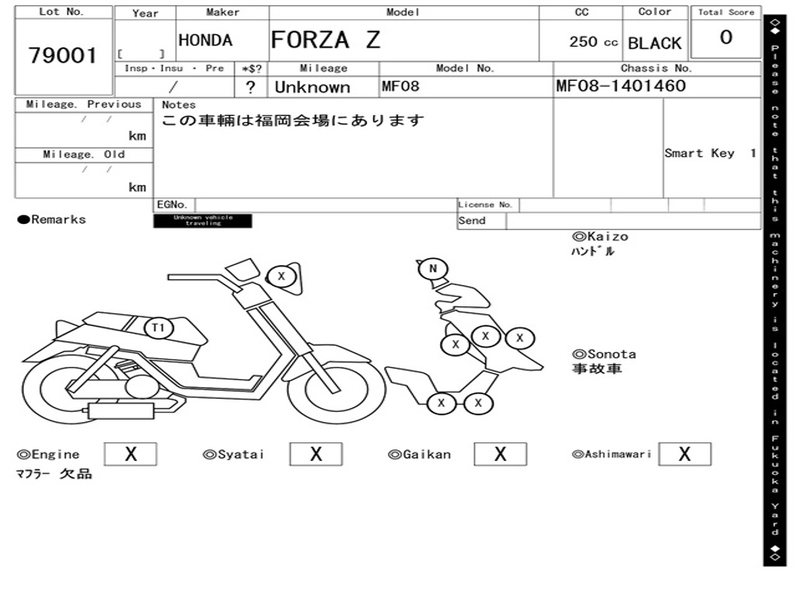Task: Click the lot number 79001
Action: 63,56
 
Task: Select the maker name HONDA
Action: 205,41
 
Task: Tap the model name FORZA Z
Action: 326,40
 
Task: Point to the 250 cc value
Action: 593,42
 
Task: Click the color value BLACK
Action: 655,44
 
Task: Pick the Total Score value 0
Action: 726,38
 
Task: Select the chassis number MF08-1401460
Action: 621,86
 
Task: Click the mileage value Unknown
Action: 312,87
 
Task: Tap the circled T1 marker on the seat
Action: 159,327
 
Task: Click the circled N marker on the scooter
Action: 433,270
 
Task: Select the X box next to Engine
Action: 131,454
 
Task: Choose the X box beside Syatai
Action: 316,454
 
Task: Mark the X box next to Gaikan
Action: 500,454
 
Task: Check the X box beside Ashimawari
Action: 684,454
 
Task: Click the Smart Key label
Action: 699,153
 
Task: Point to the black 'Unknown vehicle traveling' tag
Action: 203,221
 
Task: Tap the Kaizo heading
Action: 600,236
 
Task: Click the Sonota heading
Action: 604,354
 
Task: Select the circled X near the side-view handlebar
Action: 281,276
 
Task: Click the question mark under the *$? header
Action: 250,87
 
